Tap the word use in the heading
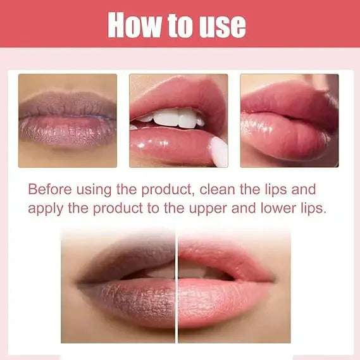(220, 25)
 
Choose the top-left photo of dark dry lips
(67, 120)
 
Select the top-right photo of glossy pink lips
(289, 120)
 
